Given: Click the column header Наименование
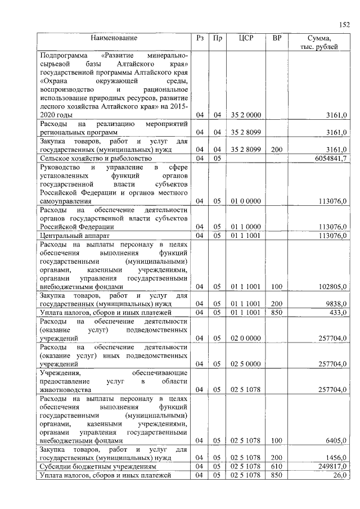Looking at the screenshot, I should click(x=115, y=38).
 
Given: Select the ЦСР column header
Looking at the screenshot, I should click(x=246, y=38).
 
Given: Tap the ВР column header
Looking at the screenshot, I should click(x=276, y=38).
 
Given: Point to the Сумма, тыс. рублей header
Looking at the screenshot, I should click(x=319, y=43).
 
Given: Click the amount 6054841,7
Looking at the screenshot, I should click(x=327, y=159).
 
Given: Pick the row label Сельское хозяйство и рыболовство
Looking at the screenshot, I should click(x=95, y=159).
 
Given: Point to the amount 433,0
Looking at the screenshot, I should click(x=337, y=312).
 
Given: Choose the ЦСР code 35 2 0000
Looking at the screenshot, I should click(x=246, y=115).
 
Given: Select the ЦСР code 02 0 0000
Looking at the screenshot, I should click(x=246, y=338).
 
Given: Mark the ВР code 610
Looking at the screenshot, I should click(x=276, y=466).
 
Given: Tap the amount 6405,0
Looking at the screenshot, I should click(x=336, y=441).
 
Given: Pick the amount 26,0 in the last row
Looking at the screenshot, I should click(x=339, y=475).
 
